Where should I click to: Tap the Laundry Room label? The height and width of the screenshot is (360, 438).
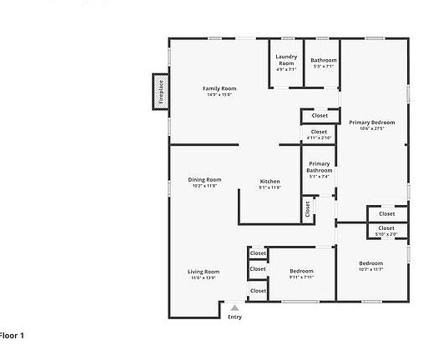click(x=286, y=60)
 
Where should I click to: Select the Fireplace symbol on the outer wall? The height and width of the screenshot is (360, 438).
click(x=159, y=91)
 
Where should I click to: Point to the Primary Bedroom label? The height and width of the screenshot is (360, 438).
click(x=371, y=122)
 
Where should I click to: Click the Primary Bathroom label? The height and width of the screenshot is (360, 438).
click(x=319, y=167)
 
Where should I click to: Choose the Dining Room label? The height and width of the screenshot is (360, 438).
click(x=204, y=179)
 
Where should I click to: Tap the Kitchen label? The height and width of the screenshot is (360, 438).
click(x=269, y=181)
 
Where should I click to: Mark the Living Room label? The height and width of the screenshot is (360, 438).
click(x=203, y=272)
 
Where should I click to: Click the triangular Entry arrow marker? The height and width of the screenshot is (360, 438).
click(x=234, y=307)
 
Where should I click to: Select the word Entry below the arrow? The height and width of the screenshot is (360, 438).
click(x=234, y=317)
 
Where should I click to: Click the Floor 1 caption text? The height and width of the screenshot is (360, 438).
click(x=12, y=335)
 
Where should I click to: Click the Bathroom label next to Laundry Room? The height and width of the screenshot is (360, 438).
click(x=324, y=60)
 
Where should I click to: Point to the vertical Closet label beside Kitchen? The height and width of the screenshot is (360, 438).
click(x=307, y=207)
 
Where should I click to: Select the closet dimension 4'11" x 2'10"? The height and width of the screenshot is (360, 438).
click(x=319, y=137)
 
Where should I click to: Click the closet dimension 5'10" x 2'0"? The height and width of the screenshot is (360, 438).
click(x=386, y=234)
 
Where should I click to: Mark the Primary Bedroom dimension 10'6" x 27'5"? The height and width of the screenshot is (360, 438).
click(x=371, y=128)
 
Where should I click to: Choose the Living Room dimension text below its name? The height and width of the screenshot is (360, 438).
click(x=203, y=277)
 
